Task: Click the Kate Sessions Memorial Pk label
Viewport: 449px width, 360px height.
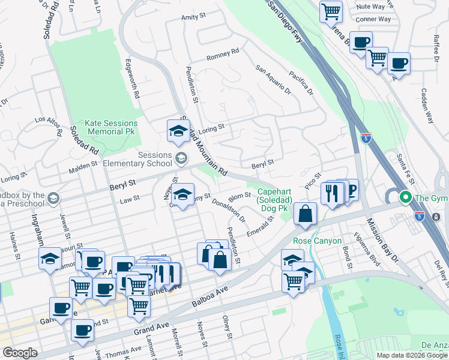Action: point(112,127)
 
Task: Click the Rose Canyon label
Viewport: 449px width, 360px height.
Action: point(317,241)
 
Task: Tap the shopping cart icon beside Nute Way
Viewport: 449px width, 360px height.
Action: point(331,11)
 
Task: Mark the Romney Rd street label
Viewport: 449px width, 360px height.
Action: point(223,55)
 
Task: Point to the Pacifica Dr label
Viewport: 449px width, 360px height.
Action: point(301,83)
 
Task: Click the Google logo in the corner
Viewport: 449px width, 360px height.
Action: point(20,353)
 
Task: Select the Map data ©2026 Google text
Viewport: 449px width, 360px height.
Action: point(412,355)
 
